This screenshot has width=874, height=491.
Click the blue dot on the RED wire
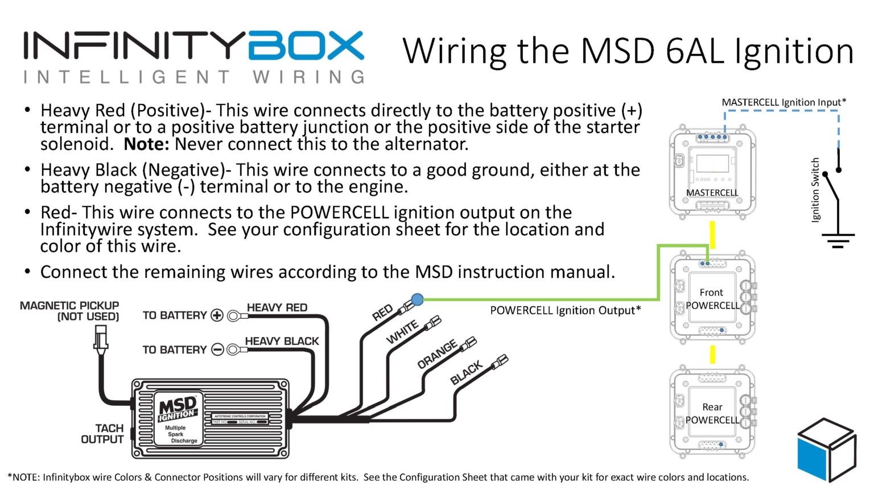pyautogui.click(x=417, y=299)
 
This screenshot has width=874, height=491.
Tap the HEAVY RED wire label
pyautogui.click(x=277, y=307)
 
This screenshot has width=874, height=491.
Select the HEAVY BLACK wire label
pyautogui.click(x=282, y=341)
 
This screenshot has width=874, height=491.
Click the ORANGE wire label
pyautogui.click(x=437, y=355)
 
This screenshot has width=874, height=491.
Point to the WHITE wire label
pyautogui.click(x=402, y=332)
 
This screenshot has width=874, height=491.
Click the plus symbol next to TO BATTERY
pyautogui.click(x=217, y=315)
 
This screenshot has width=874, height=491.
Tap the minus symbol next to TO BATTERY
pyautogui.click(x=217, y=349)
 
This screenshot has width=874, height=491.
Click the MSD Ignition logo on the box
pyautogui.click(x=177, y=409)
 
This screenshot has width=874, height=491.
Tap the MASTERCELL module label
pyautogui.click(x=712, y=193)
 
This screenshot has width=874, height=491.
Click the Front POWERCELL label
pyautogui.click(x=712, y=299)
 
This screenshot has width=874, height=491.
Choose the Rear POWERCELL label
pyautogui.click(x=712, y=414)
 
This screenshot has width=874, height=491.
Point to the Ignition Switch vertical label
pyautogui.click(x=815, y=190)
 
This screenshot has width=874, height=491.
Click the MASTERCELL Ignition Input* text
pyautogui.click(x=784, y=102)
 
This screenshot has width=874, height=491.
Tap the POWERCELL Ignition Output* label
pyautogui.click(x=565, y=310)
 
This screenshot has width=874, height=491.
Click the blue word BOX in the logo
pyautogui.click(x=306, y=46)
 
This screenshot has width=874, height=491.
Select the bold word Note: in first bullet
pyautogui.click(x=146, y=144)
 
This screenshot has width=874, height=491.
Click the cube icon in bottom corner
pyautogui.click(x=826, y=449)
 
